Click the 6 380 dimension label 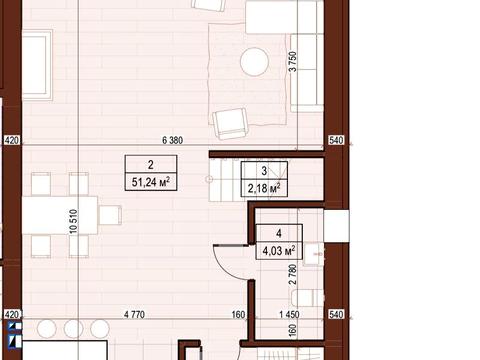172,140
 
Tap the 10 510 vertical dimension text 73,221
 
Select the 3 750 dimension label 292,61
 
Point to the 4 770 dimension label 134,314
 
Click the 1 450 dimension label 289,314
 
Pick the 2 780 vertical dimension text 293,274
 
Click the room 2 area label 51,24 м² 151,182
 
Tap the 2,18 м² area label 264,188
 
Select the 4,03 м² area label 279,251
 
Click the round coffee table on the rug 254,62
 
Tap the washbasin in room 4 313,254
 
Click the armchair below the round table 231,124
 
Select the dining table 60,215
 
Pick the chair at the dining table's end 110,215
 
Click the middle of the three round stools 73,329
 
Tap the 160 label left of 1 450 238,314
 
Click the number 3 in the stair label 264,171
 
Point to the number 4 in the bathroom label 279,233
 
